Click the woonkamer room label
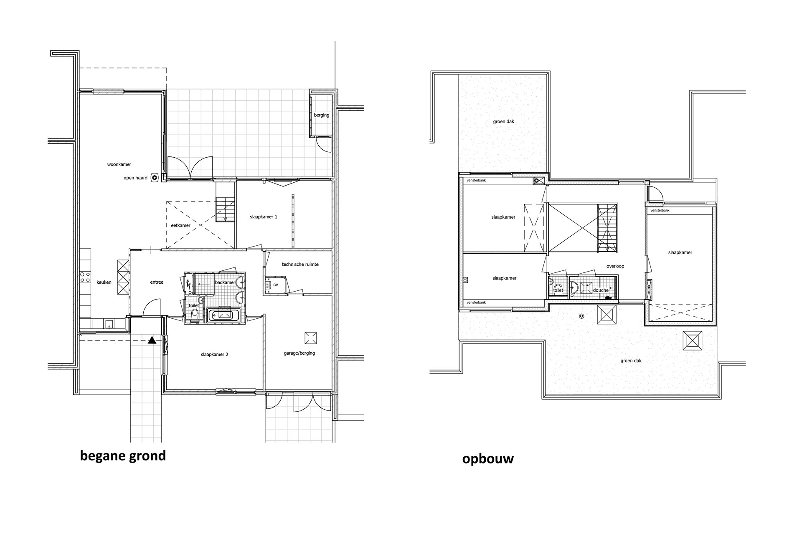[x=119, y=164]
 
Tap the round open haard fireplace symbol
[x=155, y=178]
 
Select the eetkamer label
[x=181, y=225]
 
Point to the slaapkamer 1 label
[x=264, y=217]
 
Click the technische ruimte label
[x=300, y=264]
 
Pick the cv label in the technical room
[x=276, y=285]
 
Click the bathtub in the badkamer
[x=224, y=315]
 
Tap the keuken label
[x=104, y=282]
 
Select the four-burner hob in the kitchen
[x=85, y=277]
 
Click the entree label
[x=157, y=282]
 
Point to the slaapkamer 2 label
[x=215, y=355]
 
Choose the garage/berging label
[x=299, y=353]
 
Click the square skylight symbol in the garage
[x=310, y=338]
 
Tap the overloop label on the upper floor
[x=615, y=266]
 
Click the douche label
[x=601, y=290]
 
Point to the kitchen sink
[x=109, y=324]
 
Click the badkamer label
[x=224, y=282]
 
